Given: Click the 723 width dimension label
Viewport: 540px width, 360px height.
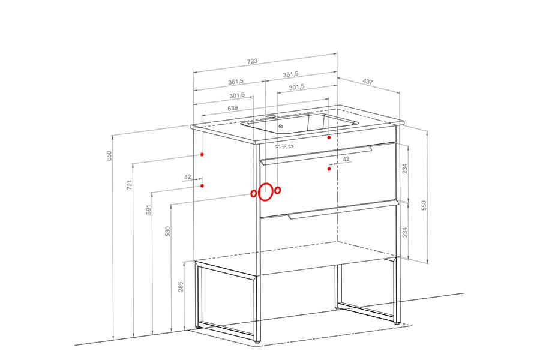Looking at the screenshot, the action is [x=252, y=61].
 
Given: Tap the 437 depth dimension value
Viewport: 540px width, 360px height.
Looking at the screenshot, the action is [x=368, y=82].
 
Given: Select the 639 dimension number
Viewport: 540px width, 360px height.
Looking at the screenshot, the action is [x=232, y=108].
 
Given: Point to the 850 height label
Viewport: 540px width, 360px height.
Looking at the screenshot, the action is [x=109, y=156].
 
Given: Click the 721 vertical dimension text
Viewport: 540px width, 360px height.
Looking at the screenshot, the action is [x=130, y=185].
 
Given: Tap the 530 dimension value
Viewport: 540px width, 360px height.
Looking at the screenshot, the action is [x=168, y=231].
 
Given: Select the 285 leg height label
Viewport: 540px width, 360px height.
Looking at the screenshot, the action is [x=181, y=287].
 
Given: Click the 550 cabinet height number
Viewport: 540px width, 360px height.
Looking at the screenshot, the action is [x=424, y=205].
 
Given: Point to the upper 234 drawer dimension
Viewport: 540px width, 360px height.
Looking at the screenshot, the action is [x=405, y=169].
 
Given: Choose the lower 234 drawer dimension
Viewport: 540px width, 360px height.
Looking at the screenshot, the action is [x=405, y=232].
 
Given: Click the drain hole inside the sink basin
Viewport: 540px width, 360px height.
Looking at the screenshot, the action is [x=280, y=127].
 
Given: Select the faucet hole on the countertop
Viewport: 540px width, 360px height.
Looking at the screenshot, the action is [x=271, y=116].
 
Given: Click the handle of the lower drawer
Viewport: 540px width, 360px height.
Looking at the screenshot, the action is [x=343, y=210].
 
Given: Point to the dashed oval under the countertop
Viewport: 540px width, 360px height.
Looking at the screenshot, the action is [x=284, y=146].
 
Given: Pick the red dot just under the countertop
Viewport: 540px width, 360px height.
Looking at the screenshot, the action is [x=329, y=137].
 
